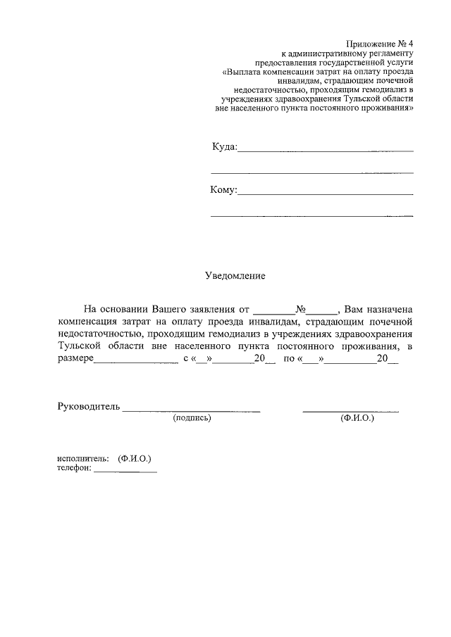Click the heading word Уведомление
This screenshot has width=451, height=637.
pos(235,276)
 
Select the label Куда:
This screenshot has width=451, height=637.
pos(225,146)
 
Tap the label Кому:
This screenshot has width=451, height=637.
pos(223,189)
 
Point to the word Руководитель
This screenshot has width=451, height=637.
pos(89,407)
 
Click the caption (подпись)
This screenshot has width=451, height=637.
pos(192,418)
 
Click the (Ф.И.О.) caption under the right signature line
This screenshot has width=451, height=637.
pos(357,418)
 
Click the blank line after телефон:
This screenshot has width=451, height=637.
pos(125,472)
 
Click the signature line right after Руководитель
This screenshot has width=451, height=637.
pos(192,410)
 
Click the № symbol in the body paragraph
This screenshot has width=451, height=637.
pos(300,309)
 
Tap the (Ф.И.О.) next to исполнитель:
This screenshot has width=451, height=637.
pos(135,459)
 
